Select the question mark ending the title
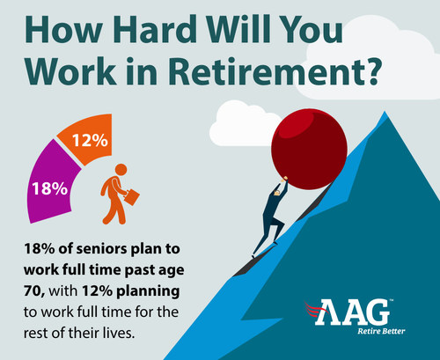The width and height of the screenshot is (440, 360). (370, 71)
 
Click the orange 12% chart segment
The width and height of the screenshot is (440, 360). (88, 138)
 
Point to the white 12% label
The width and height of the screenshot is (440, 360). (90, 140)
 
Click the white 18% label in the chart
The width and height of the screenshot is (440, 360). (50, 188)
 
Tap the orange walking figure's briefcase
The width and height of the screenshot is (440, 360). (131, 197)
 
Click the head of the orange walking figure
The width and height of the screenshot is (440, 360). (121, 170)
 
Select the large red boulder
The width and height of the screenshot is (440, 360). (309, 149)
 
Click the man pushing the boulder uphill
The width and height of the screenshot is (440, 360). (271, 216)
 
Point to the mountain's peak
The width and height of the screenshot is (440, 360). (385, 112)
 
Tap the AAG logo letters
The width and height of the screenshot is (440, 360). (352, 312)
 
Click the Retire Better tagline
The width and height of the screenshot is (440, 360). (381, 332)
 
